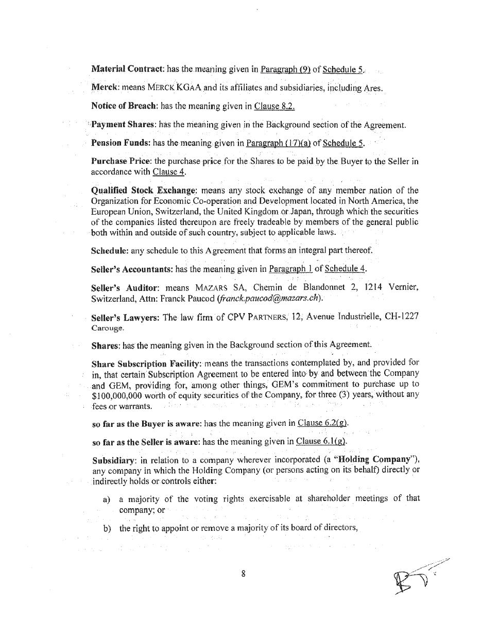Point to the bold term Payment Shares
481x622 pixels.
[x=124, y=125]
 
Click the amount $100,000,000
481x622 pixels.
[x=119, y=395]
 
